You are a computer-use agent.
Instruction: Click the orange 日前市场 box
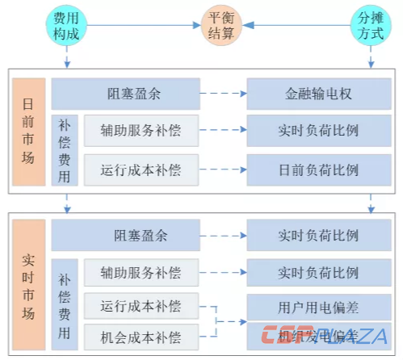pos(27,132)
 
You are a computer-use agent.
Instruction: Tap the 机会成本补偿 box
pos(141,335)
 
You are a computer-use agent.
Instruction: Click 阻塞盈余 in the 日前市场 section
pos(125,94)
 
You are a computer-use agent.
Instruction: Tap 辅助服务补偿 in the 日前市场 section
pos(141,131)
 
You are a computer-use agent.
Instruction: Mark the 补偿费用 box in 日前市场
pos(65,150)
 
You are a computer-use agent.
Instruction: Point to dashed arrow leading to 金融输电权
pos(223,94)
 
